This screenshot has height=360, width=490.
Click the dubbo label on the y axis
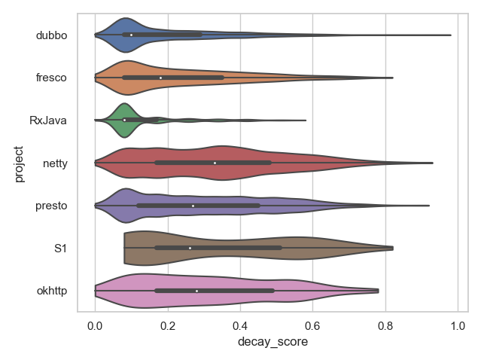[52, 35]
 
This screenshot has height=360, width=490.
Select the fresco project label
[52, 78]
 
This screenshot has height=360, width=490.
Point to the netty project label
[55, 163]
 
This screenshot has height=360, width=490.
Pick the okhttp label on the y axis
[52, 290]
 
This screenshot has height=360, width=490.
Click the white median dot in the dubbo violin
[131, 35]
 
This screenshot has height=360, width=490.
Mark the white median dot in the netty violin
[215, 163]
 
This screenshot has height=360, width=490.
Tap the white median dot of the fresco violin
[160, 78]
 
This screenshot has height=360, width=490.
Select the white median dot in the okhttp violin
[196, 290]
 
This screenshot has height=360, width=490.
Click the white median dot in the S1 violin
[190, 248]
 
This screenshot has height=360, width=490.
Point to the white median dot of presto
[193, 205]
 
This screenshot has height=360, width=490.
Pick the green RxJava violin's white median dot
[124, 120]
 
